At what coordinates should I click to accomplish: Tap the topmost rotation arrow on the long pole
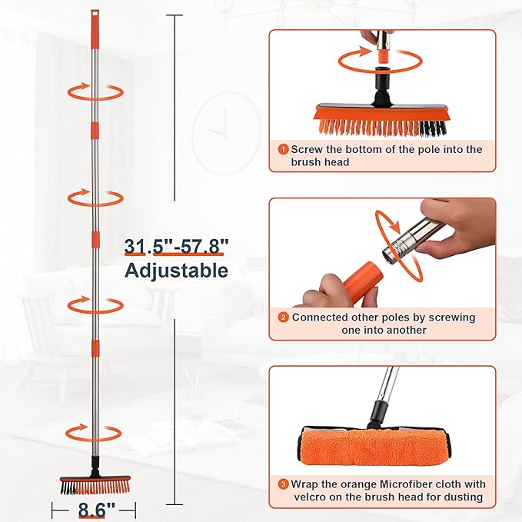click(95, 91)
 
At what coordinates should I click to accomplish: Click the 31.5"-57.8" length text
click(177, 247)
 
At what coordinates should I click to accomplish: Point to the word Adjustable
click(177, 271)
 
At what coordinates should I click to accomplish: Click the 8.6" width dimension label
click(95, 509)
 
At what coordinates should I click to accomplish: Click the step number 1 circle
click(284, 149)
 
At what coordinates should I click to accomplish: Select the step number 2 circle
click(284, 317)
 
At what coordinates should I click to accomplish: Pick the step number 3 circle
click(284, 484)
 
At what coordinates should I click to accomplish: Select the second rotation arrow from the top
click(95, 198)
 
